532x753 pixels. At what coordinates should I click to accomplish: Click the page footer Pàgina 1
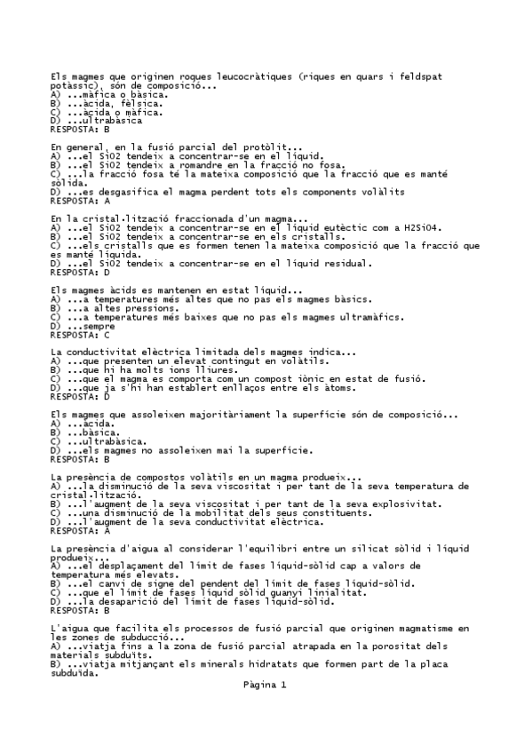[265, 686]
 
